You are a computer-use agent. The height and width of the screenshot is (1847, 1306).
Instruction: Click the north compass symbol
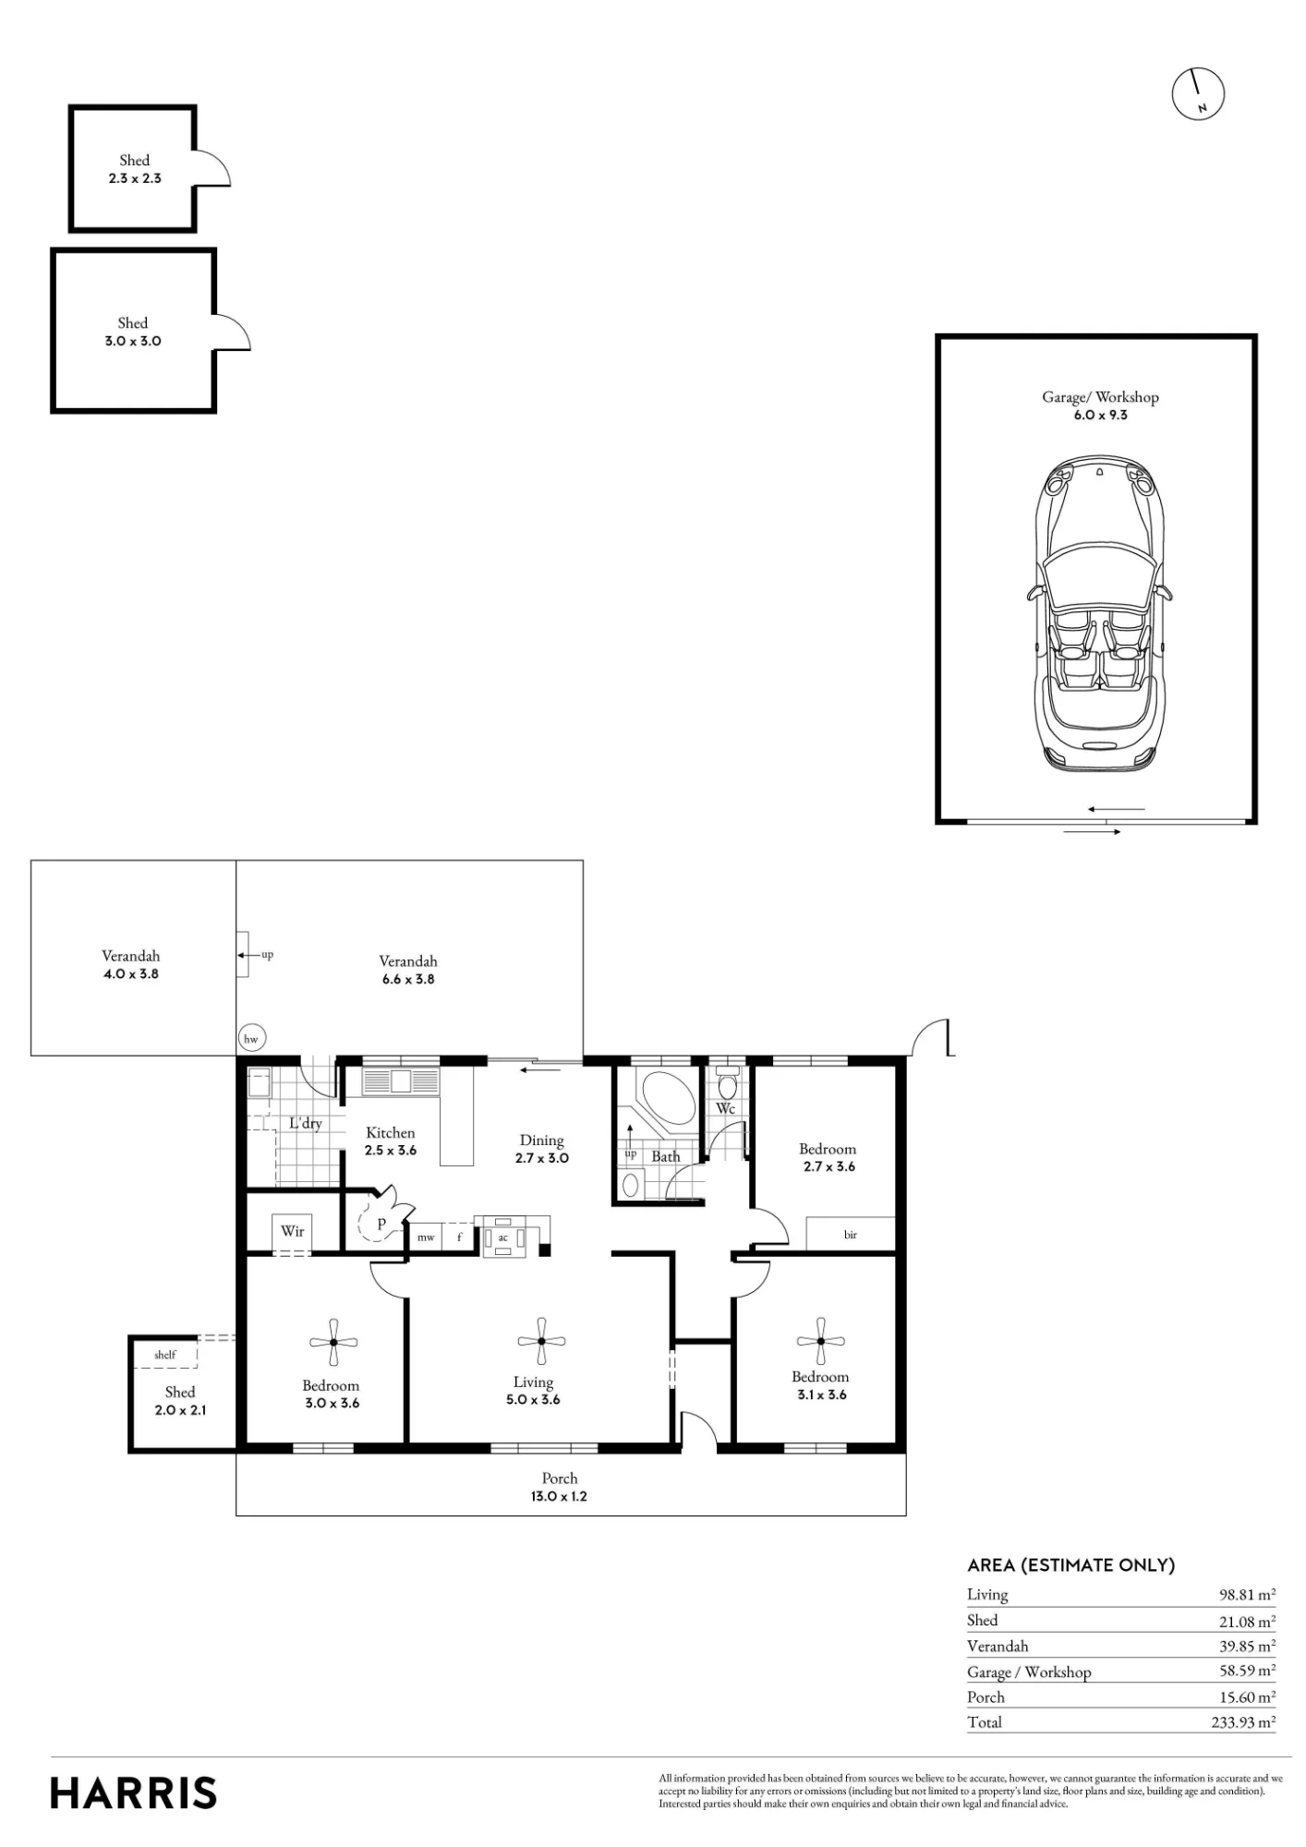(x=1198, y=93)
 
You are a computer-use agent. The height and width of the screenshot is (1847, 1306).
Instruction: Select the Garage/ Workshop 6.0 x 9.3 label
(x=1100, y=405)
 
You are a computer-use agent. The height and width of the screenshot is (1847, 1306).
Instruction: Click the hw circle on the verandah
(x=250, y=1039)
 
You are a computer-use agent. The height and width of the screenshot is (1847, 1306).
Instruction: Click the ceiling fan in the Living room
(x=540, y=1342)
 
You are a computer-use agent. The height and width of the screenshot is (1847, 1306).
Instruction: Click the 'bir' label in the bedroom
(x=851, y=1235)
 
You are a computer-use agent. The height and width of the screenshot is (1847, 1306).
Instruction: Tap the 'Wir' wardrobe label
(x=293, y=1231)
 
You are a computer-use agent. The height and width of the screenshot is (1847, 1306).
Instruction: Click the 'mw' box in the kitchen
(x=426, y=1237)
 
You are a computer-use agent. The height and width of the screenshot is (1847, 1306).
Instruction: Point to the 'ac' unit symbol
(x=503, y=1237)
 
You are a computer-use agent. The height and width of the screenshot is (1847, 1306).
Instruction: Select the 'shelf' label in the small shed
(x=165, y=1355)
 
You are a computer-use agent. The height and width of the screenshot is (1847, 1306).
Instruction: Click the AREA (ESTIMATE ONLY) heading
(x=1071, y=1565)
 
